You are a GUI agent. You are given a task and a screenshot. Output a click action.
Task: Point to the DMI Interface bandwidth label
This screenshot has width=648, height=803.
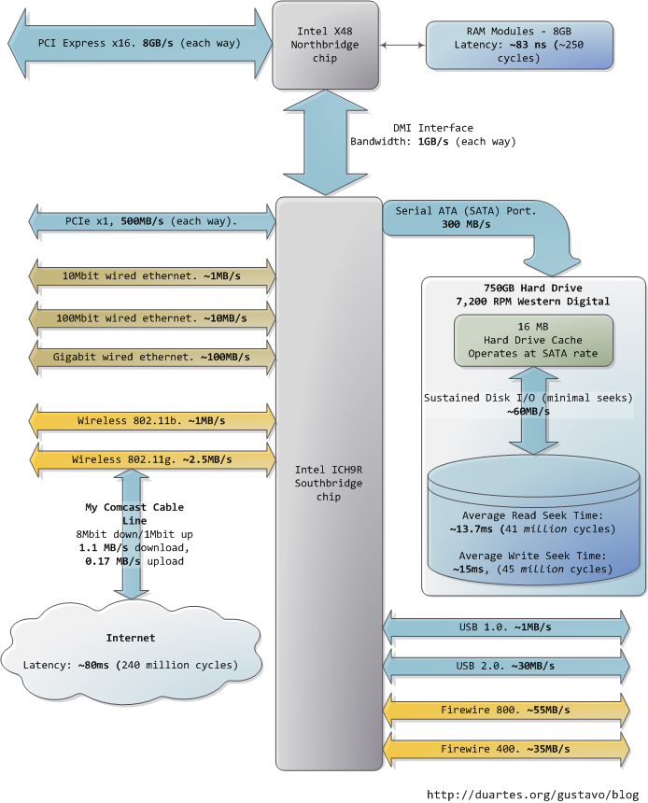point(433,134)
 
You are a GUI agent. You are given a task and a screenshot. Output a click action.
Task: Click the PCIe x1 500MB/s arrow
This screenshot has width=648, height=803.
point(154,221)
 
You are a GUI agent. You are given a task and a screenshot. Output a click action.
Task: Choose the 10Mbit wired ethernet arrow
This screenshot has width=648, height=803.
point(154,277)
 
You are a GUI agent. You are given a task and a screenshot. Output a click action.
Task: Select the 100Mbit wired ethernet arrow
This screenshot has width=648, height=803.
point(154,317)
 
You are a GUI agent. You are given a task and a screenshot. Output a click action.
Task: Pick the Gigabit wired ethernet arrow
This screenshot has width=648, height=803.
point(154,359)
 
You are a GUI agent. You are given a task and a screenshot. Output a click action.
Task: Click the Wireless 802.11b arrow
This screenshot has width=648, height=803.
point(154,420)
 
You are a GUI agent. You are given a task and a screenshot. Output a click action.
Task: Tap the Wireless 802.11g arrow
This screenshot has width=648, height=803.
point(154,459)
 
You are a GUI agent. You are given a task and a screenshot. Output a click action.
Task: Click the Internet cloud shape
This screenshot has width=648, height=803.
point(130,651)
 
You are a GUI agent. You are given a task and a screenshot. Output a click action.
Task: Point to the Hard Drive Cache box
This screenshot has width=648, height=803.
point(533,340)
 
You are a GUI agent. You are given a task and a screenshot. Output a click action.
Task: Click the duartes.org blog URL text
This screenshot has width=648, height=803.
point(532,794)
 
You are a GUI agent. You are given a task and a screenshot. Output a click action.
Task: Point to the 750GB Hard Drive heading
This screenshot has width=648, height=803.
point(533,293)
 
